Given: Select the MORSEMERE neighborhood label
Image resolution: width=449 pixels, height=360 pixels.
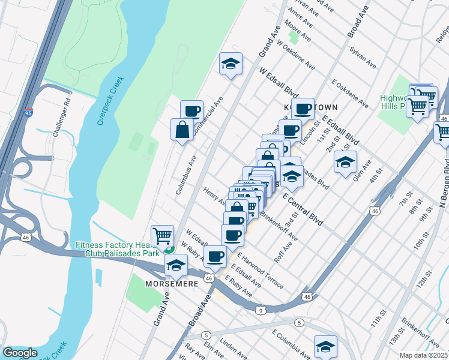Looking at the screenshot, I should pyautogui.click(x=170, y=283).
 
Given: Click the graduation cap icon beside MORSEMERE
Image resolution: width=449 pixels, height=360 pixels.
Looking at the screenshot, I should pyautogui.click(x=176, y=265).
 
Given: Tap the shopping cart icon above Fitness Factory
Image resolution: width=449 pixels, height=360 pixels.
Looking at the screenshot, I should pyautogui.click(x=162, y=235).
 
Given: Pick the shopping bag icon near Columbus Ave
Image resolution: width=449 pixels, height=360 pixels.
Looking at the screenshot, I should pyautogui.click(x=182, y=129).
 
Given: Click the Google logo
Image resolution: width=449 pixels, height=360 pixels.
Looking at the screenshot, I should pyautogui.click(x=19, y=353).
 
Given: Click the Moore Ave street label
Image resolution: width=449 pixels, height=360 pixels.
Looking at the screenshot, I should pyautogui.click(x=298, y=33).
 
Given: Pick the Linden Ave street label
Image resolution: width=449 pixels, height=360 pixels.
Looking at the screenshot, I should pyautogui.click(x=234, y=348).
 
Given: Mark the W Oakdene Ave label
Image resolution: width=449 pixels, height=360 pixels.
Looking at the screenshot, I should pyautogui.click(x=296, y=56).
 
